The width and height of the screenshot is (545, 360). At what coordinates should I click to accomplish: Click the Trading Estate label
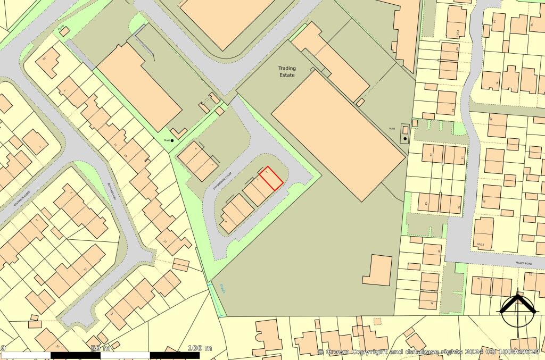click(x=287, y=72)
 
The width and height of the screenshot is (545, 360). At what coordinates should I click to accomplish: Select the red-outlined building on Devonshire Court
click(x=271, y=178)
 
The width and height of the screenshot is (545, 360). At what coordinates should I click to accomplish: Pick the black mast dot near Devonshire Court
click(x=172, y=140)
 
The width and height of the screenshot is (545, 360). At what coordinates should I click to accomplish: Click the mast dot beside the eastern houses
click(x=405, y=139)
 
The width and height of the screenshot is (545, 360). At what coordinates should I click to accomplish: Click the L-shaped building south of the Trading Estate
click(x=379, y=270)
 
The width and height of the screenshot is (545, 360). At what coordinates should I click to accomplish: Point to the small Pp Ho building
click(x=64, y=31)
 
